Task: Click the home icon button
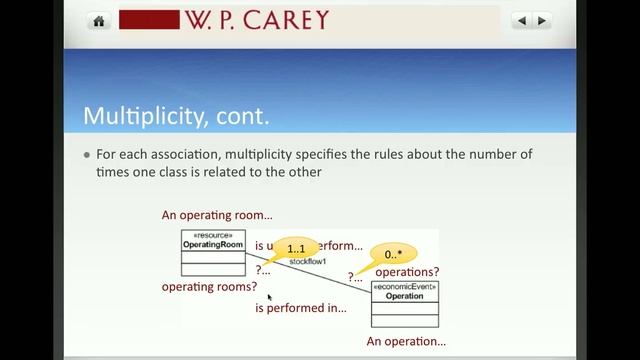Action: click(99, 21)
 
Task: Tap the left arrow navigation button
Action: click(521, 20)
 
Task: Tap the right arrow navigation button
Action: click(542, 20)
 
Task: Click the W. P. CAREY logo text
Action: click(255, 21)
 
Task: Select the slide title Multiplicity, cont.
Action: click(176, 115)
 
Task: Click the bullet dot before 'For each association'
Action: click(87, 155)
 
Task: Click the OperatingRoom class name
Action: click(213, 245)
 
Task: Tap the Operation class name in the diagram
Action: click(404, 296)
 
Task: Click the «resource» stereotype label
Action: click(213, 236)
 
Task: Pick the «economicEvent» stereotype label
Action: click(404, 287)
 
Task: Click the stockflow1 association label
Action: click(308, 261)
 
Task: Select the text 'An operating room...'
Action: click(217, 215)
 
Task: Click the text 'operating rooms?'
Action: click(209, 287)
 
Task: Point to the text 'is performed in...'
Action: click(300, 308)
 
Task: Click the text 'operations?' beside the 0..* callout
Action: click(407, 271)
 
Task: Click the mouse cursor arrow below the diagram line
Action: click(270, 297)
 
